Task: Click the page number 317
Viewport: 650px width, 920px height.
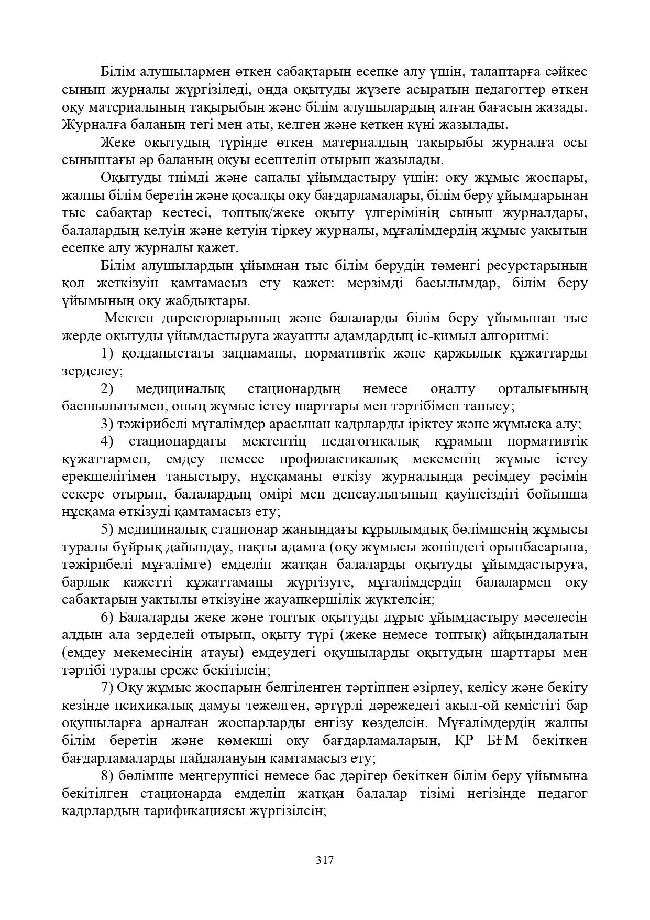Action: (325, 860)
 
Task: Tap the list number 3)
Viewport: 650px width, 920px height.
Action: (107, 424)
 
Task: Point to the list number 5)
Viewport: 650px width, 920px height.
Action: (107, 529)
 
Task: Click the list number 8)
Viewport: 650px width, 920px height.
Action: (107, 776)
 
